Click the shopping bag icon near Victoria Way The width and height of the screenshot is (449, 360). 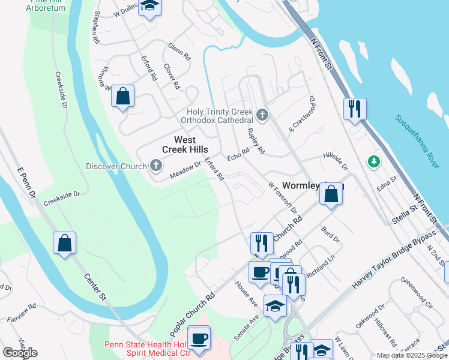click(x=122, y=96)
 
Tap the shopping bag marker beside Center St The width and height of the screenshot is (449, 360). click(x=64, y=243)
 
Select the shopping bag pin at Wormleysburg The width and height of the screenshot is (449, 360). click(x=331, y=194)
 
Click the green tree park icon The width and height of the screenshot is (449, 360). click(x=373, y=161)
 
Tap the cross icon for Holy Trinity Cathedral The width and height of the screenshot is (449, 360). click(x=261, y=114)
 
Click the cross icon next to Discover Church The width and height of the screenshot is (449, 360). click(x=155, y=166)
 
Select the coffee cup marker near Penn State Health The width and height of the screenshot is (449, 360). click(x=199, y=338)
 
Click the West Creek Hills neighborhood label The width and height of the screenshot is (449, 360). click(x=185, y=145)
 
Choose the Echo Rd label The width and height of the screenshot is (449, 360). click(x=238, y=154)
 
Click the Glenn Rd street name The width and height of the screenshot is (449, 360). click(x=179, y=52)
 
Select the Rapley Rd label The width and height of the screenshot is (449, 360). click(x=256, y=140)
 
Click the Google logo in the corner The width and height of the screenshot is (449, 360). click(x=20, y=353)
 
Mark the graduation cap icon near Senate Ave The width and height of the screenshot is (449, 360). click(x=275, y=307)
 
